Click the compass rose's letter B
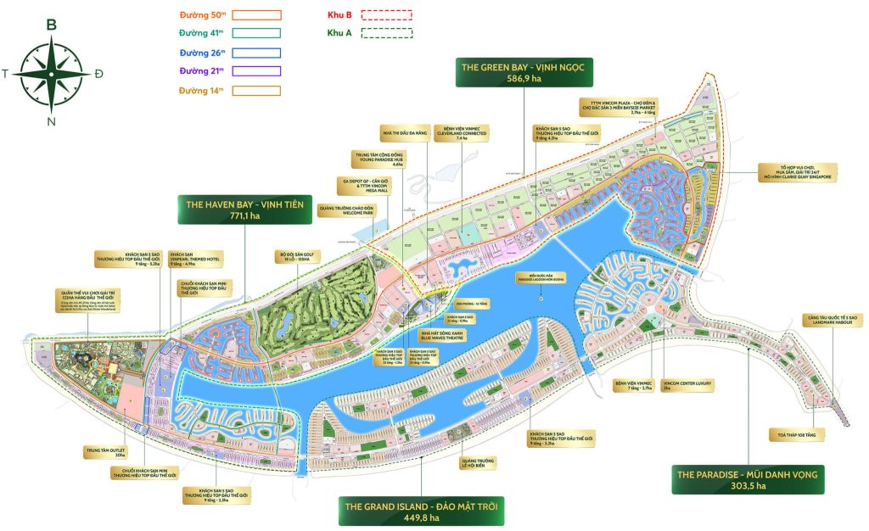tap(51, 25)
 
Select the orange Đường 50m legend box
tap(255, 15)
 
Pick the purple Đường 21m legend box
tap(255, 70)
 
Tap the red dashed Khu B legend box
tap(386, 14)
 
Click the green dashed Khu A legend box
tap(386, 33)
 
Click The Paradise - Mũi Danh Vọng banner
tap(746, 479)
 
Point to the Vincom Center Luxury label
tap(687, 386)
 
